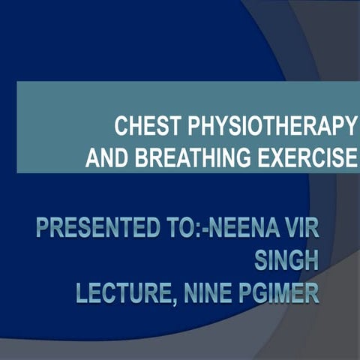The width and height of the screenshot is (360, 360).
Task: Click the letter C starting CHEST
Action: [x=121, y=127]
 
